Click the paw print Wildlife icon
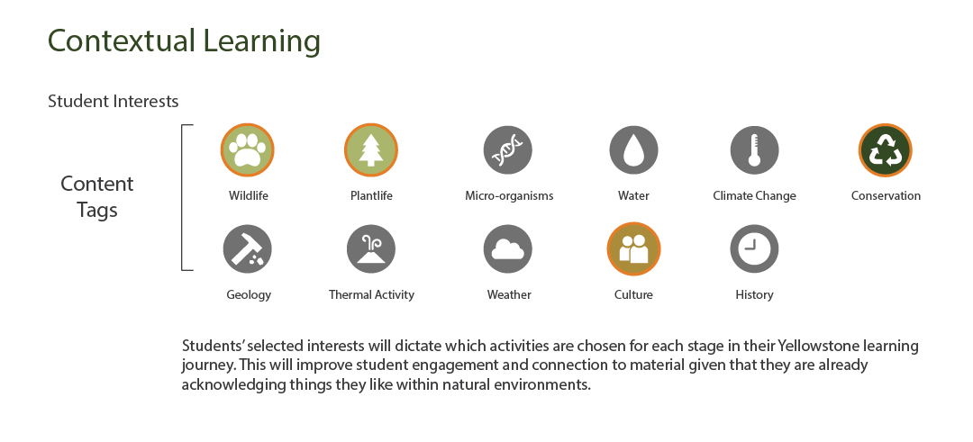[248, 150]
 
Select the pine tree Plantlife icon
[371, 150]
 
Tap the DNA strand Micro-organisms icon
[507, 150]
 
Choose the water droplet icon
[633, 150]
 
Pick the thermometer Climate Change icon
[754, 150]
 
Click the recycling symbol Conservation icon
[885, 150]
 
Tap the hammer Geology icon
[248, 249]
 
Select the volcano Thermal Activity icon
[371, 249]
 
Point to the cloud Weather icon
[507, 249]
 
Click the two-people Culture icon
[633, 249]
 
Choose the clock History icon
[754, 249]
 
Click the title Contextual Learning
[185, 41]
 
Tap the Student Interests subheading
[113, 101]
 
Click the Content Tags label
[96, 196]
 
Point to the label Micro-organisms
[509, 196]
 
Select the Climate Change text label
[754, 196]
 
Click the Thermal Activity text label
[371, 295]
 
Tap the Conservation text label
[886, 196]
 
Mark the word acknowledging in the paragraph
[234, 385]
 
